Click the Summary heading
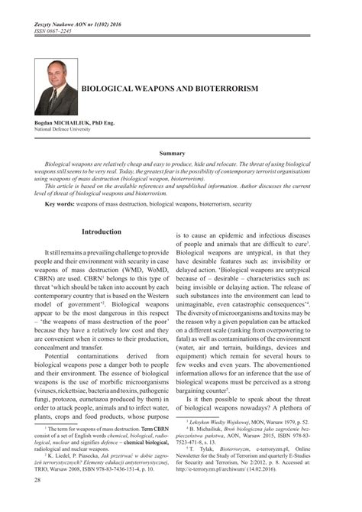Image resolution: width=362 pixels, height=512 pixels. tap(180, 154)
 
